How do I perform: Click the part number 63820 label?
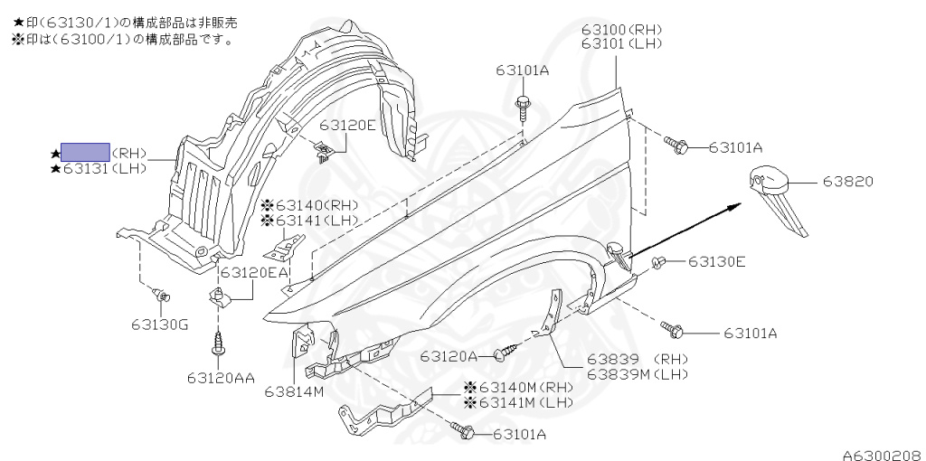click(847, 181)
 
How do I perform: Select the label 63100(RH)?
click(621, 29)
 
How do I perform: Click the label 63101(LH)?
click(621, 42)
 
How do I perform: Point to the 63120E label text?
click(346, 126)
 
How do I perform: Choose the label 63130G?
click(157, 324)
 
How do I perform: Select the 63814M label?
click(295, 391)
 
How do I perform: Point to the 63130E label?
click(716, 262)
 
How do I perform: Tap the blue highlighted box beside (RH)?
click(85, 152)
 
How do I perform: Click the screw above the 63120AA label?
click(218, 344)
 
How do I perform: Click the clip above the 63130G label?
click(162, 295)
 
